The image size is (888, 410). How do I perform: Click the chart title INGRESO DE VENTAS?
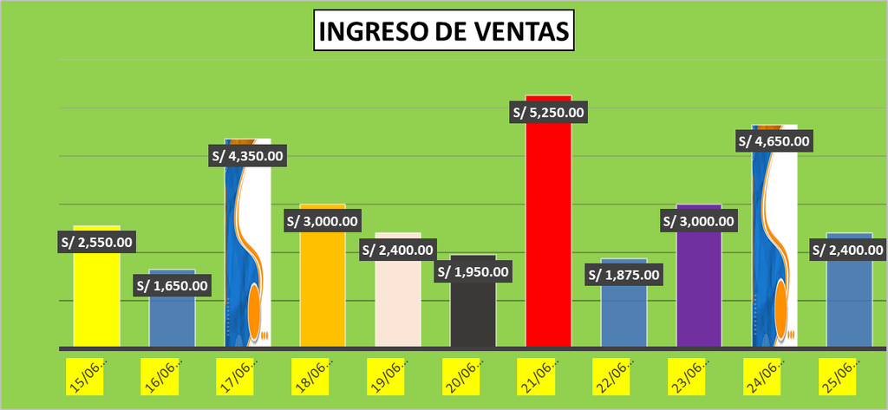[443, 30]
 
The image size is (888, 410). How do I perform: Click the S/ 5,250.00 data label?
[548, 112]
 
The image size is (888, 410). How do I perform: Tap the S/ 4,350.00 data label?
[247, 156]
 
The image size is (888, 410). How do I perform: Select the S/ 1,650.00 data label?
[172, 285]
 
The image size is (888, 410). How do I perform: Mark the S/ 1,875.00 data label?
[624, 275]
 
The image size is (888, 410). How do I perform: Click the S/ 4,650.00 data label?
[774, 141]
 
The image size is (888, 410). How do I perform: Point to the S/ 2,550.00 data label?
[96, 243]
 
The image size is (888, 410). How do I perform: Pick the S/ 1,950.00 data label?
[473, 271]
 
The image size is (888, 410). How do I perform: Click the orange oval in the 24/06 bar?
[781, 308]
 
